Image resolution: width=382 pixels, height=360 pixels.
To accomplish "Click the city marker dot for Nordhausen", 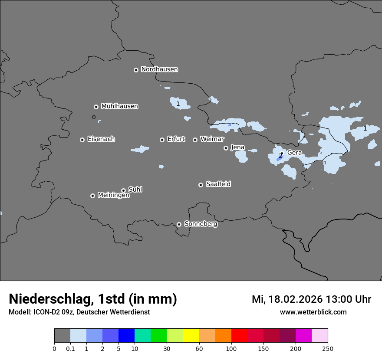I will pos(136,70).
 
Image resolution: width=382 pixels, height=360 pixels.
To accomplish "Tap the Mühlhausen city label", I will pos(119,106).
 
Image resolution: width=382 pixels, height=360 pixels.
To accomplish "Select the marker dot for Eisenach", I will pos(82,140).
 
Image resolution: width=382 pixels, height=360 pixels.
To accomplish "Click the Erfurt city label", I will pos(176,139).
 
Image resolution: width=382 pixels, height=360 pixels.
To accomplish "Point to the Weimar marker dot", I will pos(195,140).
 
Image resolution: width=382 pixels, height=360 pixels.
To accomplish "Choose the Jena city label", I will pos(237,147).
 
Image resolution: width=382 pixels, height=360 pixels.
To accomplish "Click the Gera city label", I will pos(294,153).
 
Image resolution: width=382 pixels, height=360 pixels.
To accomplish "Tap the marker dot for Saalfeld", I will pos(201,185).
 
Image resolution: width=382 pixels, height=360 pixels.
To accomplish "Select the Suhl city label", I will pos(135,190).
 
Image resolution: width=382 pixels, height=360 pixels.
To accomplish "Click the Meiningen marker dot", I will pos(92,196).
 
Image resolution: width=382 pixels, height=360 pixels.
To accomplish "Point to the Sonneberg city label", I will pos(201,224).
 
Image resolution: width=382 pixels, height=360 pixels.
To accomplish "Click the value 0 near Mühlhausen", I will pos(94,117).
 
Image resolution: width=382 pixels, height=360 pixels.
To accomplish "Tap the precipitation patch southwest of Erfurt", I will pos(140,149).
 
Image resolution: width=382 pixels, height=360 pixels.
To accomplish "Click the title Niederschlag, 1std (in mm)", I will pos(93,299).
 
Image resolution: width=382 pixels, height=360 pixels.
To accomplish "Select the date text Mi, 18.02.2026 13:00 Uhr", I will pos(311,299).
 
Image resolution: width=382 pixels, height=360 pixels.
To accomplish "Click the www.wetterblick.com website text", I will pos(313,312).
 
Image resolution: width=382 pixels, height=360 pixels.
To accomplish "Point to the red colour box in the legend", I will pos(239,336).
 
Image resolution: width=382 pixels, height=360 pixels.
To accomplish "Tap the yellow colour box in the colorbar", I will pos(191,336).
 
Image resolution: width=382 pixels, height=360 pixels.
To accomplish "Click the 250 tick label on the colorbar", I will pos(328,349).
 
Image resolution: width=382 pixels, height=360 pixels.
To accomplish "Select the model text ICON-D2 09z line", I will pos(79,312).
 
